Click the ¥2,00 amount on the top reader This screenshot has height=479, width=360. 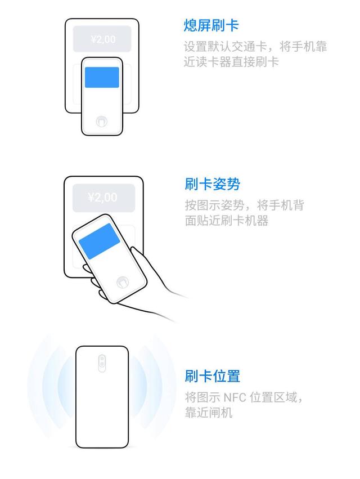point(102,39)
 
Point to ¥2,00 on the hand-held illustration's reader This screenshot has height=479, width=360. point(102,198)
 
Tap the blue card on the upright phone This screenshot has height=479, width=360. point(102,77)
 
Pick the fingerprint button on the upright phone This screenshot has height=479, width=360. point(102,121)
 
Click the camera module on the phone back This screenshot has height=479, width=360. point(102,363)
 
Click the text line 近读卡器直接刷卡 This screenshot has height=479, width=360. point(231,62)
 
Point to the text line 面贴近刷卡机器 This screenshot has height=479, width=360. point(227,221)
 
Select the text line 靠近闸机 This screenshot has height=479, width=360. point(208,413)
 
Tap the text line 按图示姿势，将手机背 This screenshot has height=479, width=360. point(244,205)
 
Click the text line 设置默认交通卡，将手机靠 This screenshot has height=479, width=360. point(255,46)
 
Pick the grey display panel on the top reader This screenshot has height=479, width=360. point(102,39)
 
